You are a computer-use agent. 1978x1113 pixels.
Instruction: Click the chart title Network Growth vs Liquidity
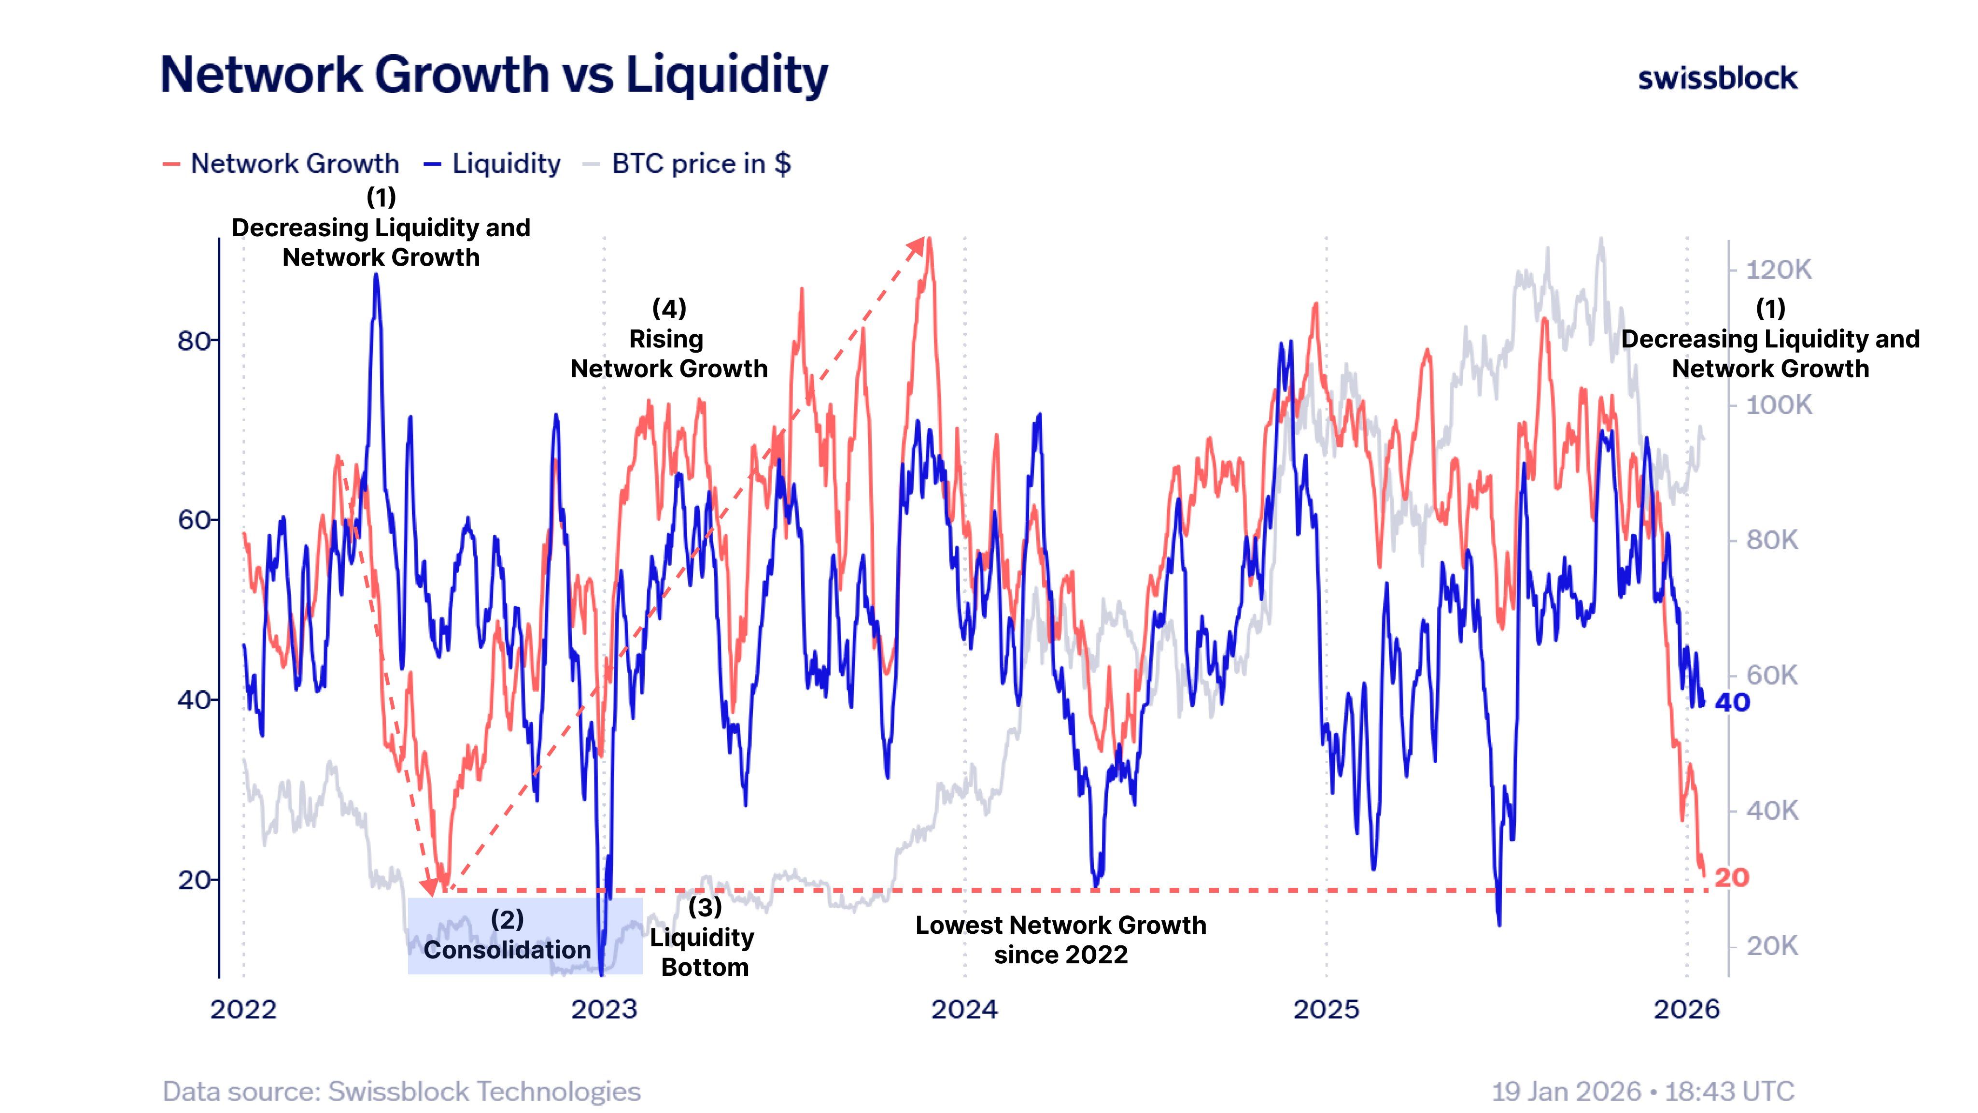tap(494, 74)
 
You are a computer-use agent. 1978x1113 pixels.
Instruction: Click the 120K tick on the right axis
tap(1778, 270)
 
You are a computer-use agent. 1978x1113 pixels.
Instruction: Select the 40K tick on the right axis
tap(1771, 811)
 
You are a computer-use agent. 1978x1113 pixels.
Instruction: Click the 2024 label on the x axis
tap(964, 1009)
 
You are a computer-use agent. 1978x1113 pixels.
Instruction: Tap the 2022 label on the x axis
tap(243, 1009)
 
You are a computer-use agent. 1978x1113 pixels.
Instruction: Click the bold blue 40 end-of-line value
tap(1732, 702)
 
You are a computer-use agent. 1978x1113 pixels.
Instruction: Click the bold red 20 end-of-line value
tap(1732, 877)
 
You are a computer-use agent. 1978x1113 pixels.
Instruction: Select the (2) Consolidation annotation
tap(508, 935)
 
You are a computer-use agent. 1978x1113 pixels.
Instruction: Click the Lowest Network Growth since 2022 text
tap(1060, 940)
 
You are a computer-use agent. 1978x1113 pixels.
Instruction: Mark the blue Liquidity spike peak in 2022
tap(376, 276)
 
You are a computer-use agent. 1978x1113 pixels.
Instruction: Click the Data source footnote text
tap(402, 1091)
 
